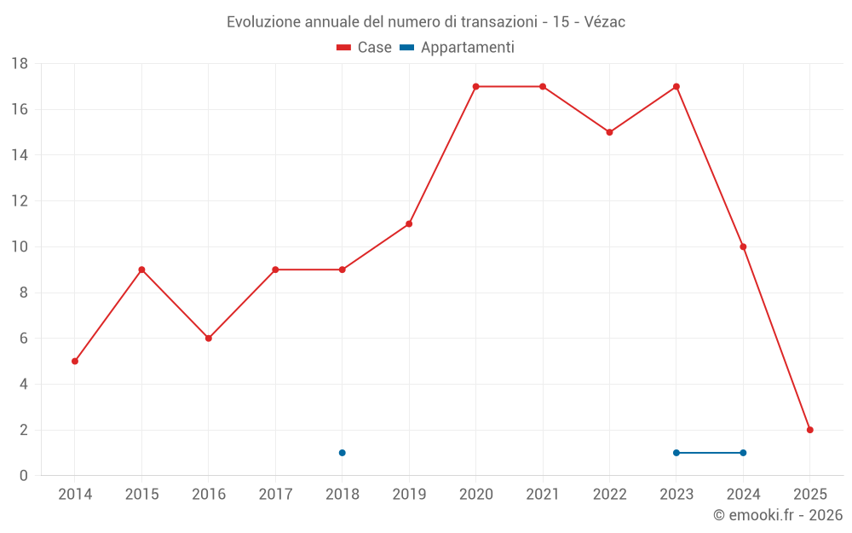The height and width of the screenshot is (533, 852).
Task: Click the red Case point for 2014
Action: [x=75, y=361]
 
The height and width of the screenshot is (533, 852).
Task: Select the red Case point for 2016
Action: [x=209, y=338]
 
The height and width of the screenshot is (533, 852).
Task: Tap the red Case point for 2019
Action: [x=409, y=223]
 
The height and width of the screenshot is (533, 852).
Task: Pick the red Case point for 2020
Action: [x=475, y=86]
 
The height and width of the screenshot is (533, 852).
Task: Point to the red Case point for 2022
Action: [x=609, y=132]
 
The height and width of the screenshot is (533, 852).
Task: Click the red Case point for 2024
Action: [x=743, y=246]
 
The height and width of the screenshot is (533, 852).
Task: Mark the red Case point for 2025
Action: [x=809, y=430]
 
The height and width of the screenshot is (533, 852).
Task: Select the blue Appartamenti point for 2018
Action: [x=342, y=453]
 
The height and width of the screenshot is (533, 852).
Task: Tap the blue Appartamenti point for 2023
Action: [x=676, y=453]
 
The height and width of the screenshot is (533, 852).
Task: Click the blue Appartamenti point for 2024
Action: [x=743, y=453]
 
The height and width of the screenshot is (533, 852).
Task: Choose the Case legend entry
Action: [x=365, y=48]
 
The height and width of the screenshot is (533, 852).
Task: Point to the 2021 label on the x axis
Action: [x=543, y=495]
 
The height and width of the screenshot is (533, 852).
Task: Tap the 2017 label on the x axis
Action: [x=275, y=495]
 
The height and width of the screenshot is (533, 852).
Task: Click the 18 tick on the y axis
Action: [x=20, y=64]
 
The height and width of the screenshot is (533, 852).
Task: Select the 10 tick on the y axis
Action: [x=20, y=247]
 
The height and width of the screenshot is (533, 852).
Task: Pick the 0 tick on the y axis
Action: [x=24, y=476]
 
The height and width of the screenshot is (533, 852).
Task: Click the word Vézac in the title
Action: [x=601, y=22]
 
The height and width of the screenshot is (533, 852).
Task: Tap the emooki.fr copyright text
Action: [x=778, y=515]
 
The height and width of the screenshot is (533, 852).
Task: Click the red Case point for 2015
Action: [x=141, y=269]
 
